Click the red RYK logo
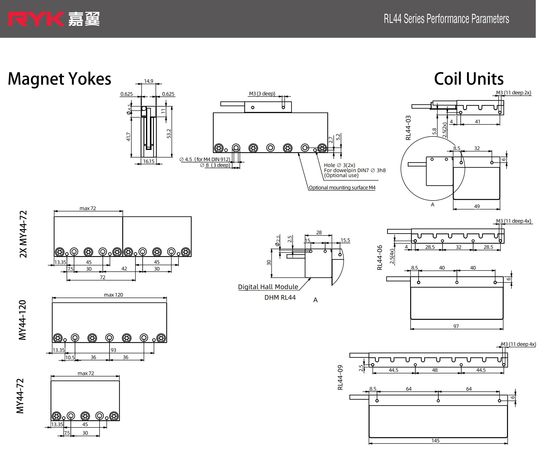[x=36, y=19]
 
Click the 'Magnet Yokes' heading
[x=59, y=79]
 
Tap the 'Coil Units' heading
[x=469, y=79]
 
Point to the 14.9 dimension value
[x=149, y=81]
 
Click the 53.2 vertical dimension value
[x=169, y=134]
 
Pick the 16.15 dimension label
[x=149, y=161]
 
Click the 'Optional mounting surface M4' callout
[x=342, y=187]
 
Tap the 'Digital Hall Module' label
[x=268, y=287]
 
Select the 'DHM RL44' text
[x=280, y=298]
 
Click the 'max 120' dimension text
[x=113, y=295]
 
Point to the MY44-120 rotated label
[x=23, y=320]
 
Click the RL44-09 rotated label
[x=340, y=377]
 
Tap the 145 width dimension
[x=436, y=441]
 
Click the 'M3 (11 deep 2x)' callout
[x=513, y=93]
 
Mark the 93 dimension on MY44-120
[x=113, y=350]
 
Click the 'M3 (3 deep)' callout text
[x=262, y=94]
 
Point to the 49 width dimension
[x=477, y=206]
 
